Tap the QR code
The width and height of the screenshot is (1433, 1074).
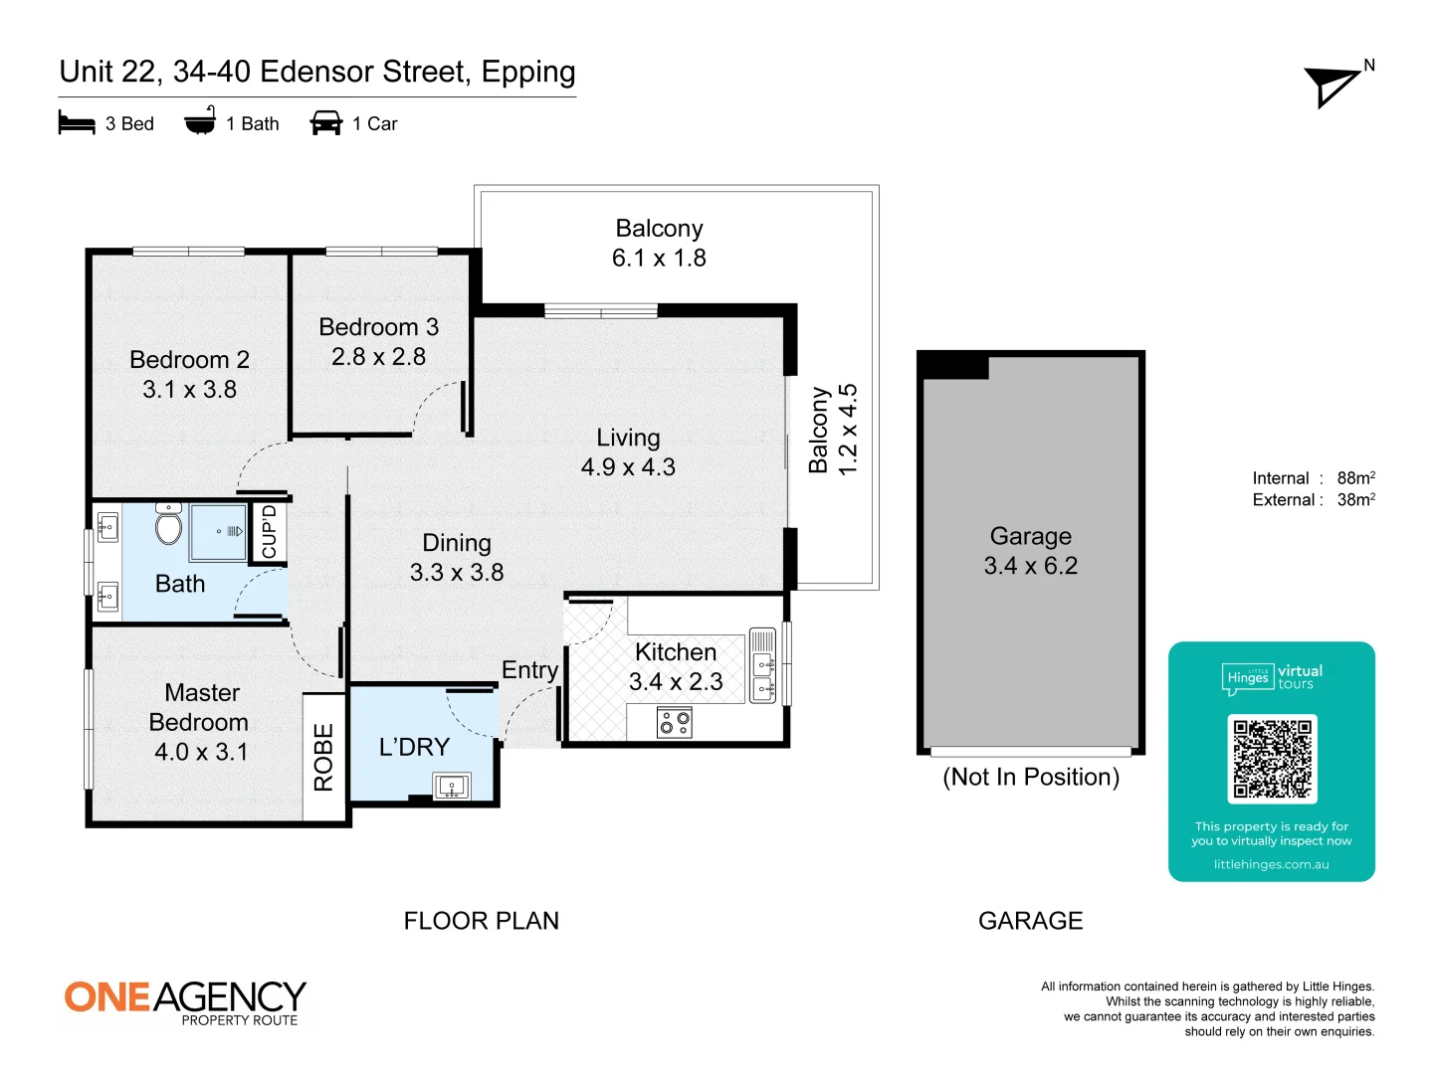(x=1271, y=759)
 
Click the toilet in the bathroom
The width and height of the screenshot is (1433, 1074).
(x=168, y=524)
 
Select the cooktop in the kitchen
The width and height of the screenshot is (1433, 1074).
(x=675, y=723)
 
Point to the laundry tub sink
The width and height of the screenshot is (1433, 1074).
(x=452, y=786)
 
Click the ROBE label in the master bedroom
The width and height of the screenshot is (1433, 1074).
(x=323, y=757)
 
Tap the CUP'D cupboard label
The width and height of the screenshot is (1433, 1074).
(x=269, y=532)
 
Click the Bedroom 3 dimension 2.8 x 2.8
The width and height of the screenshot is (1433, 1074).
(x=379, y=357)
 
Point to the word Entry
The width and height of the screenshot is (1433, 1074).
(x=530, y=670)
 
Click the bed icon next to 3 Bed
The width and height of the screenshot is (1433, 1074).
(x=77, y=122)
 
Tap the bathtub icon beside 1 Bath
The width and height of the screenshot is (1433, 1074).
(x=200, y=120)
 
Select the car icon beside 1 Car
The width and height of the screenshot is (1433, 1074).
(x=325, y=122)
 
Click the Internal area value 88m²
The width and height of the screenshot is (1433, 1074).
(x=1356, y=478)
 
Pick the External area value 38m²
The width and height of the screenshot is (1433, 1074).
(x=1356, y=499)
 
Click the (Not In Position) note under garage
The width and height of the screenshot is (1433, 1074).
(x=1031, y=778)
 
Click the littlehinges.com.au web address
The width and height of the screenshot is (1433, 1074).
(x=1271, y=864)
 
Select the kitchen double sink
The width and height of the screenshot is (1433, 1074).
(x=762, y=666)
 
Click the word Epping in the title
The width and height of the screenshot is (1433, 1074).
(x=528, y=73)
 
